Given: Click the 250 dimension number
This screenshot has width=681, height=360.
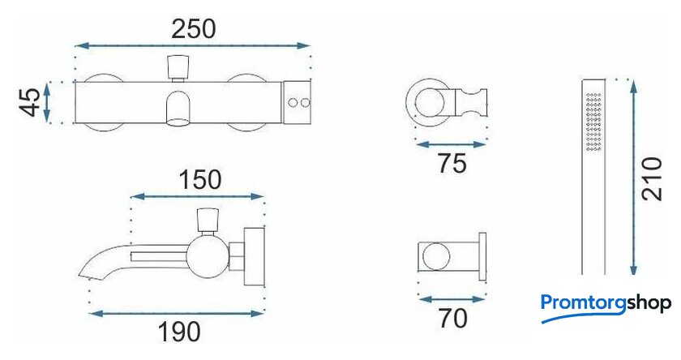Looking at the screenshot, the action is point(193,29).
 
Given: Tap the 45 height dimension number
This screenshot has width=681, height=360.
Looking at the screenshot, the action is point(32,102).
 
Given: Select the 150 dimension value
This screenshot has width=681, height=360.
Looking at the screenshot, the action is point(199,180).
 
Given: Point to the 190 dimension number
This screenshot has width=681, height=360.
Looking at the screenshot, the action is point(179,332).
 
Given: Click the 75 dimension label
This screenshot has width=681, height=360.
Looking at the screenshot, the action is point(452,164).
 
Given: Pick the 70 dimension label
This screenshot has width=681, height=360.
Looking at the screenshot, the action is point(452,318).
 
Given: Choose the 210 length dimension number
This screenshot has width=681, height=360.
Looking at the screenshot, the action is point(652,178).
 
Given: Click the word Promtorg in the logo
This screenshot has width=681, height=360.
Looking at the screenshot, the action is point(583,303).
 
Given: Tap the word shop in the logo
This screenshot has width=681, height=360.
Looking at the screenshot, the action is point(649,302).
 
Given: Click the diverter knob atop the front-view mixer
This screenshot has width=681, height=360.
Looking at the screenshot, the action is point(178,68).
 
